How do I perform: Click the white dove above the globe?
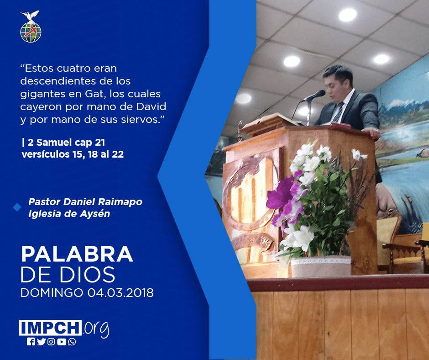30,16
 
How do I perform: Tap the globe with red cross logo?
31,32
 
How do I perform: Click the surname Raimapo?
120,202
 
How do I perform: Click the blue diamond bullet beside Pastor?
17,207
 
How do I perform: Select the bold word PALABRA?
77,254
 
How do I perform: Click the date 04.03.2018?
120,293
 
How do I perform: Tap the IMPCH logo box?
50,328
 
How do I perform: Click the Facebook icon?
31,342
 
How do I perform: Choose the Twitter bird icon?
41,342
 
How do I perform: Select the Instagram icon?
51,342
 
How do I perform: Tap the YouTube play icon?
62,342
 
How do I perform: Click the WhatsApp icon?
72,342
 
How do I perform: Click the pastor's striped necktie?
338,112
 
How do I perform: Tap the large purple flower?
281,193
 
